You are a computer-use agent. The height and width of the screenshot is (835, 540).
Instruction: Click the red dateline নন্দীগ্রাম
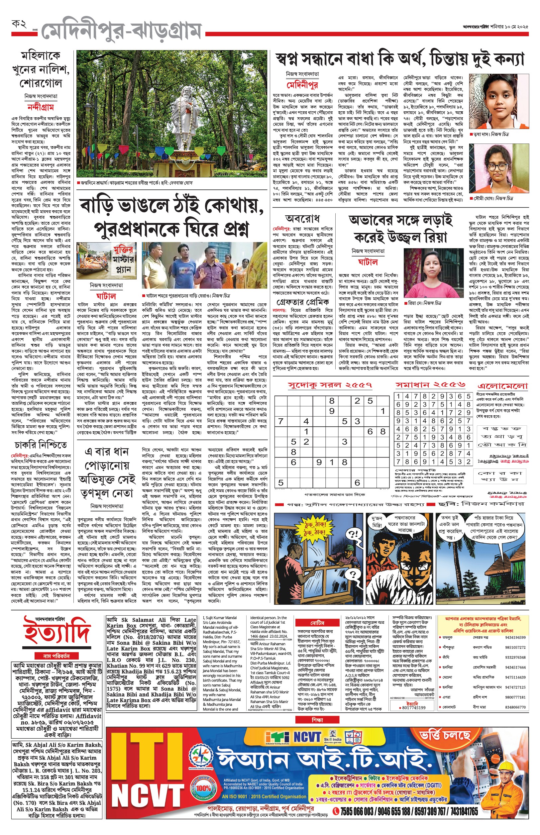pyautogui.click(x=41, y=107)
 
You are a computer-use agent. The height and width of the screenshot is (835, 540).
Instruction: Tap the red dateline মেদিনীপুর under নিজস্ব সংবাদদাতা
pyautogui.click(x=302, y=85)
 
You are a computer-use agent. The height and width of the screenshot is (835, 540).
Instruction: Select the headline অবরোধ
pyautogui.click(x=303, y=219)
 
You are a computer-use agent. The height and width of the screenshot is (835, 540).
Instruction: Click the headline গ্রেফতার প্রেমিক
pyautogui.click(x=303, y=302)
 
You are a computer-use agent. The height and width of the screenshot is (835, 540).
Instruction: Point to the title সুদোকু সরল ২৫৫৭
pyautogui.click(x=330, y=385)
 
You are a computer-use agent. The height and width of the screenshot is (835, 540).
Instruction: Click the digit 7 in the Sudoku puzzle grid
pyautogui.click(x=280, y=421)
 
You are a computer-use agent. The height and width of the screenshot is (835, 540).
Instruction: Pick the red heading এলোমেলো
pyautogui.click(x=502, y=386)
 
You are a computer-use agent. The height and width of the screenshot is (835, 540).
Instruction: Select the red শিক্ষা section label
pyautogui.click(x=317, y=720)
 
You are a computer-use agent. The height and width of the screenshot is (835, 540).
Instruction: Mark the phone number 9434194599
pyautogui.click(x=515, y=638)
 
